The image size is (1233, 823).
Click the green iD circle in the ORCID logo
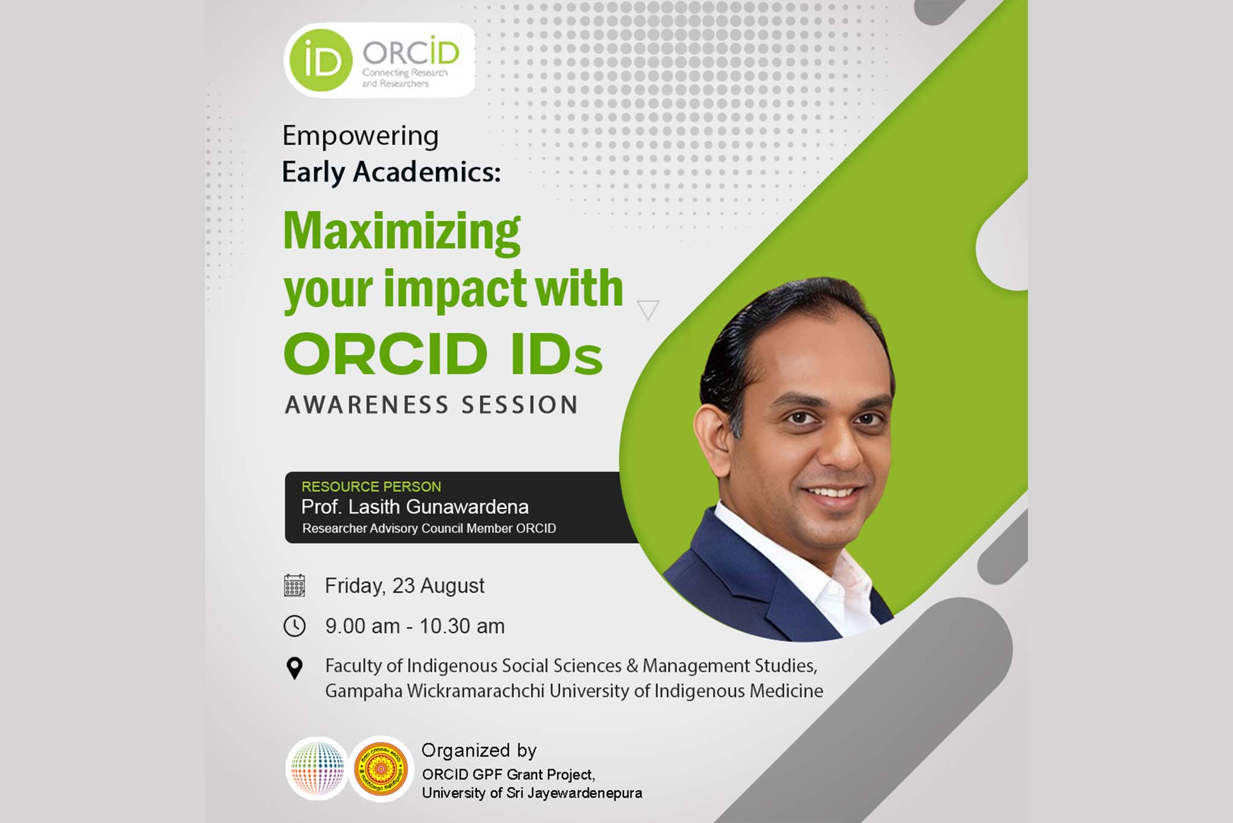pos(320,60)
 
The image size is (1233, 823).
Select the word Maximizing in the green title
pos(402,232)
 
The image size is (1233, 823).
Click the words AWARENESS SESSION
pos(432,405)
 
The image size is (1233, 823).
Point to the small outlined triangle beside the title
pos(648,309)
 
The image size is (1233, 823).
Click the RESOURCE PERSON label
pos(371,487)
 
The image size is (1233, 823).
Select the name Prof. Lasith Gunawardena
pos(415,507)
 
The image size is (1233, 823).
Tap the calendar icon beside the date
pos(294,585)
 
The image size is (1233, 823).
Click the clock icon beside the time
pos(294,626)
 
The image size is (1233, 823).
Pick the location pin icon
pos(294,668)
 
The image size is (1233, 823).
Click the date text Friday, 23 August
pos(405,586)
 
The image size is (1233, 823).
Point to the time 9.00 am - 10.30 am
pos(415,626)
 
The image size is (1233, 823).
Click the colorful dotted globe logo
pos(317,769)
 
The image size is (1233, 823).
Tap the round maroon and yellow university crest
pos(381,769)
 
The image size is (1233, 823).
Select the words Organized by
pos(479,751)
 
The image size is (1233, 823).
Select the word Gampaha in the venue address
pos(364,691)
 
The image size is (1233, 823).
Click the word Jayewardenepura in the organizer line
pos(585,793)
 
